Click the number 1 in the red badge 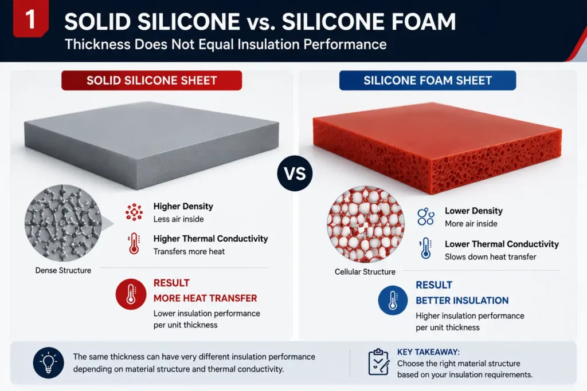pyautogui.click(x=30, y=19)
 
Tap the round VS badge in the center pyautogui.click(x=295, y=173)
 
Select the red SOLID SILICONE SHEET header pyautogui.click(x=151, y=80)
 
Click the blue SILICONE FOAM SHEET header pyautogui.click(x=428, y=80)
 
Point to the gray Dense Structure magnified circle pyautogui.click(x=63, y=223)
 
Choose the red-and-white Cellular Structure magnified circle pyautogui.click(x=365, y=224)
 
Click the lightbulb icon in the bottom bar pyautogui.click(x=48, y=362)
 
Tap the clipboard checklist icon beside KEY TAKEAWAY pyautogui.click(x=378, y=362)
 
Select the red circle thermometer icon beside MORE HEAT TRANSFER pyautogui.click(x=131, y=294)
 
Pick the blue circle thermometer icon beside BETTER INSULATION pyautogui.click(x=393, y=300)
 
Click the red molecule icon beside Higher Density pyautogui.click(x=134, y=212)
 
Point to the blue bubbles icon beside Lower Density pyautogui.click(x=426, y=217)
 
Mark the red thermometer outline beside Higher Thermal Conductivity pyautogui.click(x=134, y=244)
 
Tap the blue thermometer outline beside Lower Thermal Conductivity pyautogui.click(x=426, y=248)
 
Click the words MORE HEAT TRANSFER pyautogui.click(x=205, y=298)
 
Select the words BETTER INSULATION pyautogui.click(x=462, y=301)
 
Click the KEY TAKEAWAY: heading pyautogui.click(x=428, y=351)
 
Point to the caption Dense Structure pyautogui.click(x=63, y=270)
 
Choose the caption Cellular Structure pyautogui.click(x=365, y=272)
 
